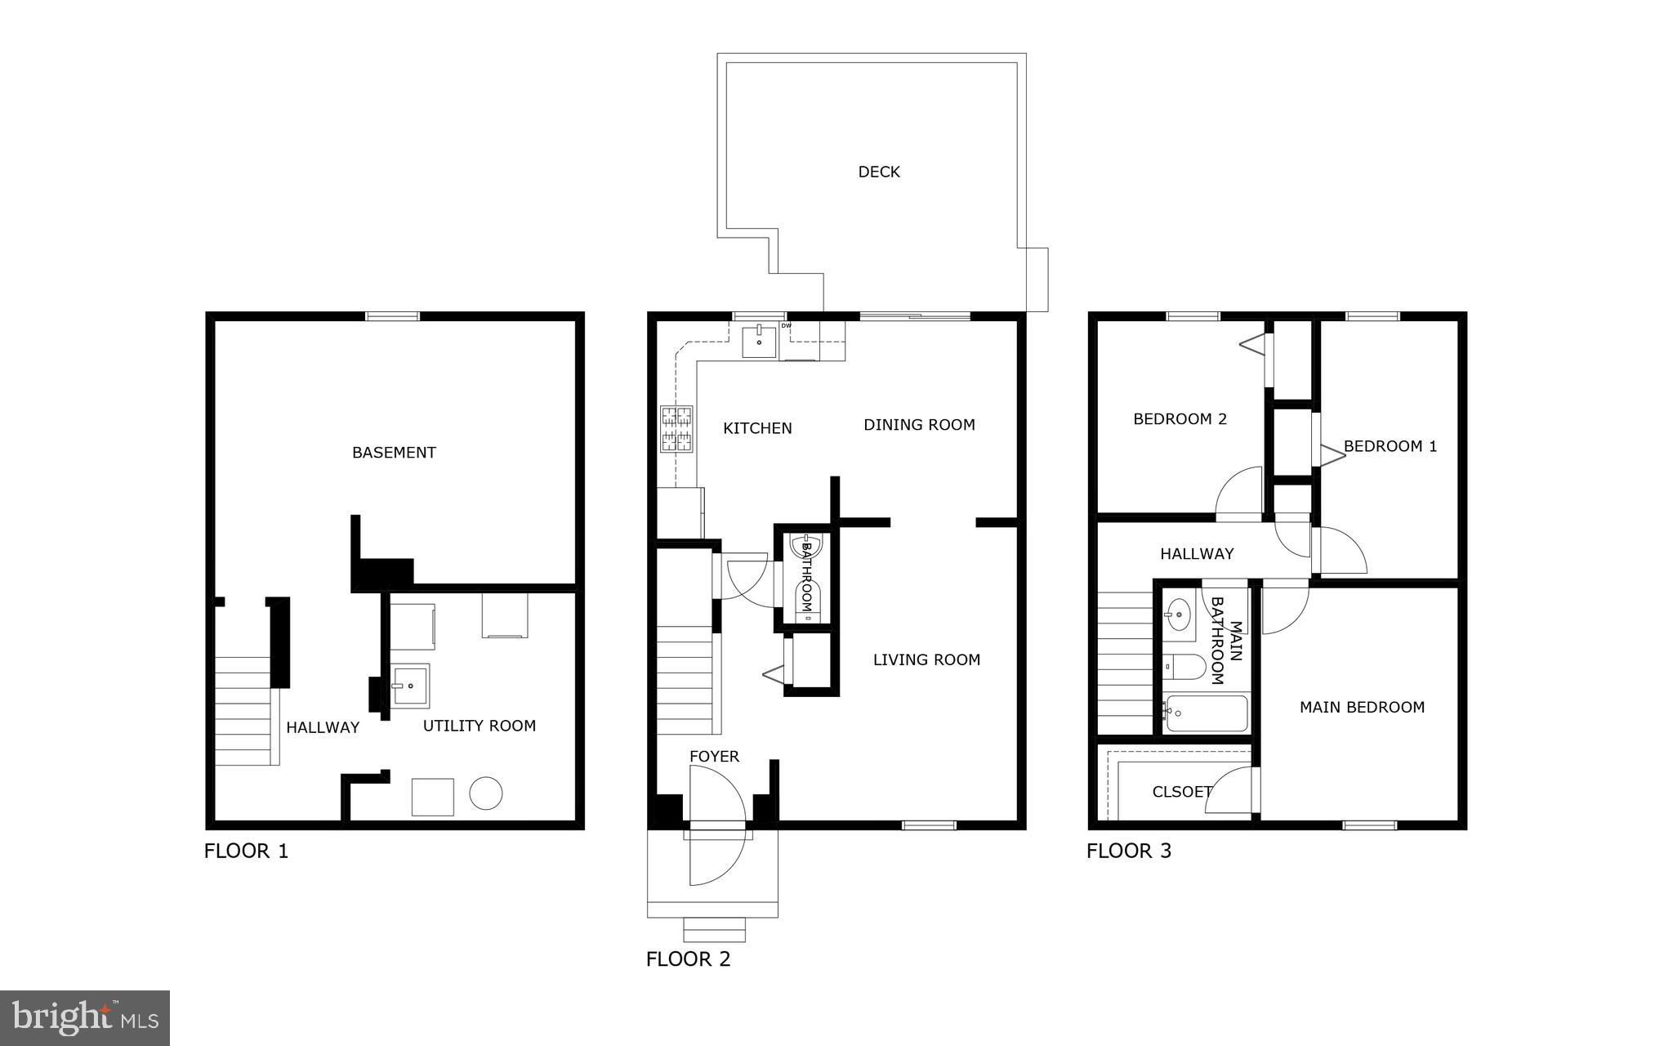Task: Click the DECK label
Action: pos(879,172)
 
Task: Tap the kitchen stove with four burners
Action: pos(676,430)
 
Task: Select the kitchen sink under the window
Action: pos(760,340)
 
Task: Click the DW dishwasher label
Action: pos(786,326)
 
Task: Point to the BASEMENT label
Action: pos(394,453)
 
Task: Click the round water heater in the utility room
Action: pos(485,793)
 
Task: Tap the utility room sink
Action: pos(409,685)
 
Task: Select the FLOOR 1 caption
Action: pos(246,852)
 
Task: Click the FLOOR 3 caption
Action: pos(1129,852)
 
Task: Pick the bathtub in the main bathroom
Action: pos(1207,713)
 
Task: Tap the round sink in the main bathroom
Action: pos(1179,615)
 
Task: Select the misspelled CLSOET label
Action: pos(1181,792)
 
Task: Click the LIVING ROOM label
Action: pos(926,660)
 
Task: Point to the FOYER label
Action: pos(714,757)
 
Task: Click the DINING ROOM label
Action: pos(919,425)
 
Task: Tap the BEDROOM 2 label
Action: pos(1180,419)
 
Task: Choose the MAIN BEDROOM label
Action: pos(1362,708)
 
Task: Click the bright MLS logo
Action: pos(85,1017)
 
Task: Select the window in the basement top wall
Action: pos(392,316)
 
